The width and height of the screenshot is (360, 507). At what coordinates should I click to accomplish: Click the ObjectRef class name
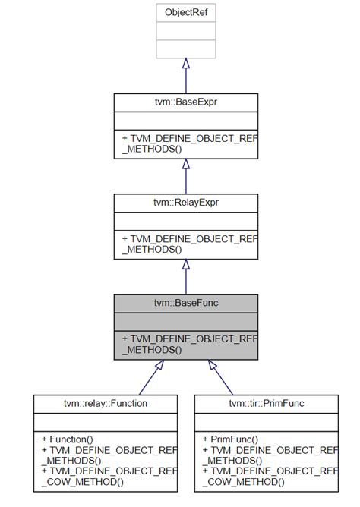[x=185, y=13]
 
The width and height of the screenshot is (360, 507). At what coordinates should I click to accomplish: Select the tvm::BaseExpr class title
[x=185, y=102]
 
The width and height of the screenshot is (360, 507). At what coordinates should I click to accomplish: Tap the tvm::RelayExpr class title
[x=185, y=203]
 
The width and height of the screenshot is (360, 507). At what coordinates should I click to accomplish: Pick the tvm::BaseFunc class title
[x=185, y=303]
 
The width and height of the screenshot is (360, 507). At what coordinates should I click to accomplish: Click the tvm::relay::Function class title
[x=106, y=403]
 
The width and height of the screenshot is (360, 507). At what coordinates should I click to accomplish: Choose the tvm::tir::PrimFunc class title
[x=266, y=403]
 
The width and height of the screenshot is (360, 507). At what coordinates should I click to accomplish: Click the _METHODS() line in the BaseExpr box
[x=153, y=149]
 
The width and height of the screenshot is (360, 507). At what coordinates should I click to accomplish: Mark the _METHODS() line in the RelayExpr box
[x=153, y=249]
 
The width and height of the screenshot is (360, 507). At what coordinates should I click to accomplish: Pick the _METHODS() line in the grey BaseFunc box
[x=153, y=349]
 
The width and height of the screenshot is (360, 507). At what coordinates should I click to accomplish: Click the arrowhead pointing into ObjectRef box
[x=185, y=65]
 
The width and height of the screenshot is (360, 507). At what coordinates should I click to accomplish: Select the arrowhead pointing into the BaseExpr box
[x=185, y=164]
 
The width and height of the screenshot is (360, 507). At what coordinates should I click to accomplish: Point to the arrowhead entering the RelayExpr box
[x=185, y=264]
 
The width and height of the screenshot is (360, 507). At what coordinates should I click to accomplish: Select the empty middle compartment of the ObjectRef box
[x=185, y=31]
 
